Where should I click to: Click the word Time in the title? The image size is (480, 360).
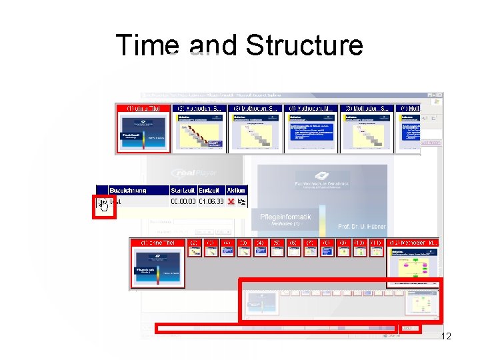tap(147, 45)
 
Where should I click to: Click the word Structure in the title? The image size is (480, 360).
tap(304, 45)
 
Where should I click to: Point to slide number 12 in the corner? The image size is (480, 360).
tap(446, 336)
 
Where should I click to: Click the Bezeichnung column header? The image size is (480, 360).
tap(131, 190)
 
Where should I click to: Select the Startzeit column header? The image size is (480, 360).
tap(183, 190)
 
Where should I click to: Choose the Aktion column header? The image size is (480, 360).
tap(236, 190)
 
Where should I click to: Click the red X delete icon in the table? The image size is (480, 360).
tap(231, 201)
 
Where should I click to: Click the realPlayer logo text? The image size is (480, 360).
tap(194, 173)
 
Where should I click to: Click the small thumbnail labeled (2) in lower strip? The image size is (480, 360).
tap(193, 248)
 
